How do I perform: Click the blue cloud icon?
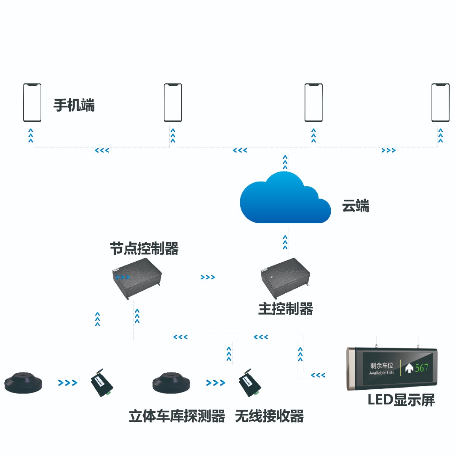tap(284, 200)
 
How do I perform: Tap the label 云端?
tap(356, 206)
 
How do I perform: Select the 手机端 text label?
tap(74, 105)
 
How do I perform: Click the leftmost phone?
tap(32, 103)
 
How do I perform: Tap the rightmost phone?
tap(440, 103)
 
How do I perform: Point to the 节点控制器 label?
tap(144, 249)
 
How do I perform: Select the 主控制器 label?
tap(286, 309)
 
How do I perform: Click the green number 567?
tap(422, 368)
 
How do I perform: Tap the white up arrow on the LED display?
tap(409, 368)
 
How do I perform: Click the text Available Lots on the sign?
tap(381, 373)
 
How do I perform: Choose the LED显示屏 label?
tap(401, 400)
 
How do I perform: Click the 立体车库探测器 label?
tap(177, 416)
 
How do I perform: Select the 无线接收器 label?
tap(270, 416)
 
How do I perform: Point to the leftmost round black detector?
tap(24, 383)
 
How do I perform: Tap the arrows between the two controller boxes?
tap(208, 277)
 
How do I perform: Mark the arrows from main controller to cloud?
tap(285, 242)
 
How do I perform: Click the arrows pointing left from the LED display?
tap(318, 375)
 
